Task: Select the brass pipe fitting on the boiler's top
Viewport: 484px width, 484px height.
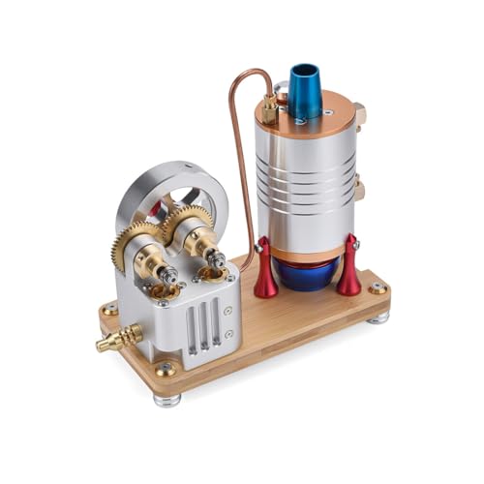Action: (x=268, y=108)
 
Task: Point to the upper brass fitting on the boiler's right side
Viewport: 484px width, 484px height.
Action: (x=360, y=117)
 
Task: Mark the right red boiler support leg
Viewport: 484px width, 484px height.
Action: (x=348, y=268)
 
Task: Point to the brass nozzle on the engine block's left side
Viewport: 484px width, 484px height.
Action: (x=118, y=339)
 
